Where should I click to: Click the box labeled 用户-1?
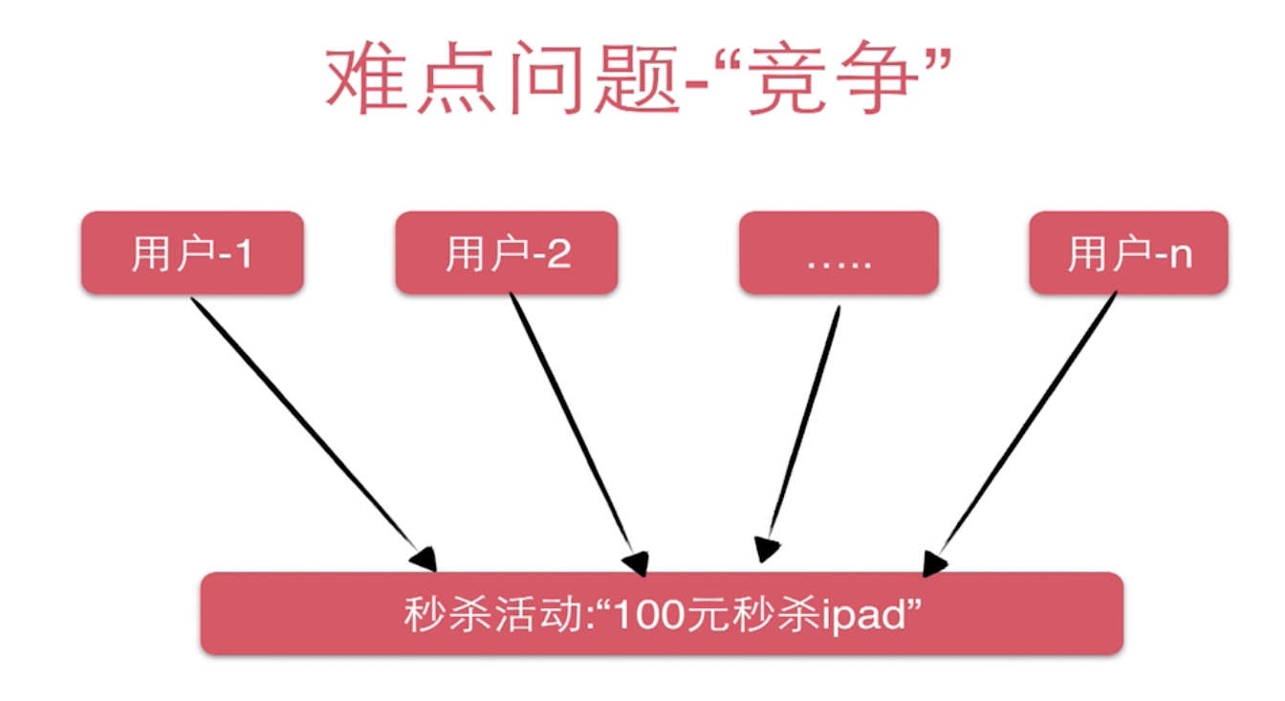point(192,252)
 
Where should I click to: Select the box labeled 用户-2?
point(506,252)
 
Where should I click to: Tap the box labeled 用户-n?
point(1128,252)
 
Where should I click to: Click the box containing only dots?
point(839,252)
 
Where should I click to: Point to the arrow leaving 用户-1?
point(306,426)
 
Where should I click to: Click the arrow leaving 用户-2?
point(574,426)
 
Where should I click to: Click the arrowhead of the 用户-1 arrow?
point(425,558)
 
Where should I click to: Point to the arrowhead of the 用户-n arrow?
point(932,563)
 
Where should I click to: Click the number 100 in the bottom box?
point(654,614)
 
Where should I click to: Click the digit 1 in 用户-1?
point(243,253)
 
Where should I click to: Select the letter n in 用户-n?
point(1182,255)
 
